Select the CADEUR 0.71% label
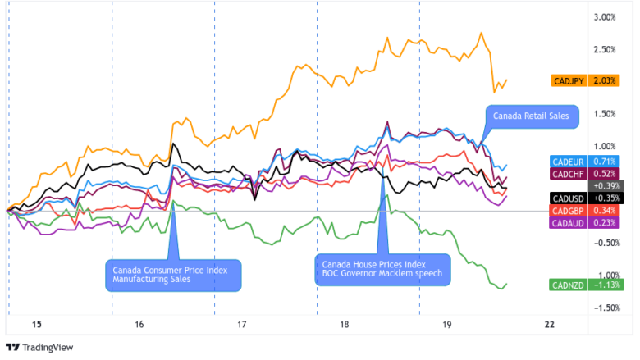click(587, 162)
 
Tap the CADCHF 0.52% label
click(587, 174)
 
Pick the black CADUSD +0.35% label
click(587, 198)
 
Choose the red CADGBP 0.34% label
click(587, 211)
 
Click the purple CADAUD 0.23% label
click(587, 223)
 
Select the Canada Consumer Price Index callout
click(173, 274)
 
